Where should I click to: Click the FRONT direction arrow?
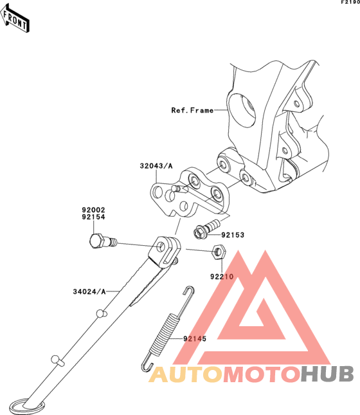point(15,19)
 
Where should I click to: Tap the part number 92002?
point(93,210)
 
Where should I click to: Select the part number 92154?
point(93,217)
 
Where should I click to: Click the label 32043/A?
point(156,166)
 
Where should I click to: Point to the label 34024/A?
point(89,291)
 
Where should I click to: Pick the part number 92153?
point(233,235)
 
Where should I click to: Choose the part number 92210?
point(222,277)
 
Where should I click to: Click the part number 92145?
point(195,339)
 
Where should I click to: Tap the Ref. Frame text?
point(192,110)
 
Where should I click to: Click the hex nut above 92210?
point(219,252)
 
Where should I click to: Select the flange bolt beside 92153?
point(206,229)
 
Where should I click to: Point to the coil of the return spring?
point(165,334)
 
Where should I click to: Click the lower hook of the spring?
point(147,364)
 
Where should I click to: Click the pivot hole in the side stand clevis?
point(161,247)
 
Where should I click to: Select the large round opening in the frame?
point(241,110)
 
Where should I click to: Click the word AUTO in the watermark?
point(185,374)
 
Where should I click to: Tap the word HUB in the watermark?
point(327,374)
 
